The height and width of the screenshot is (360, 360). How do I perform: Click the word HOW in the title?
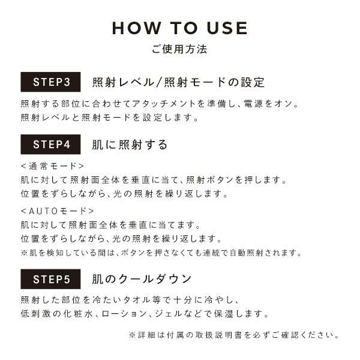[x=136, y=28]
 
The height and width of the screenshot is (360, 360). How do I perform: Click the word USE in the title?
[x=227, y=28]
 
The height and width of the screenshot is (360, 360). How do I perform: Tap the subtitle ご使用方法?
[x=179, y=49]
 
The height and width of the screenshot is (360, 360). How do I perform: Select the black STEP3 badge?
[x=50, y=82]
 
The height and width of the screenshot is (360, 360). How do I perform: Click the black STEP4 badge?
[x=50, y=145]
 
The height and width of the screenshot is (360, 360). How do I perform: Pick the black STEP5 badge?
[x=50, y=279]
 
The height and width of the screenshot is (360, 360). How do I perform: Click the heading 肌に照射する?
[x=130, y=145]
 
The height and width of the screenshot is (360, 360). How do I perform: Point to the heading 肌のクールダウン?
[x=142, y=279]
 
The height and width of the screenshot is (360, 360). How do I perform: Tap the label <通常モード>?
[x=53, y=166]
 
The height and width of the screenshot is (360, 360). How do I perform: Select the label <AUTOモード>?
[x=58, y=211]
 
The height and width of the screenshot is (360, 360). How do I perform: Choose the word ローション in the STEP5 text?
[x=124, y=314]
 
